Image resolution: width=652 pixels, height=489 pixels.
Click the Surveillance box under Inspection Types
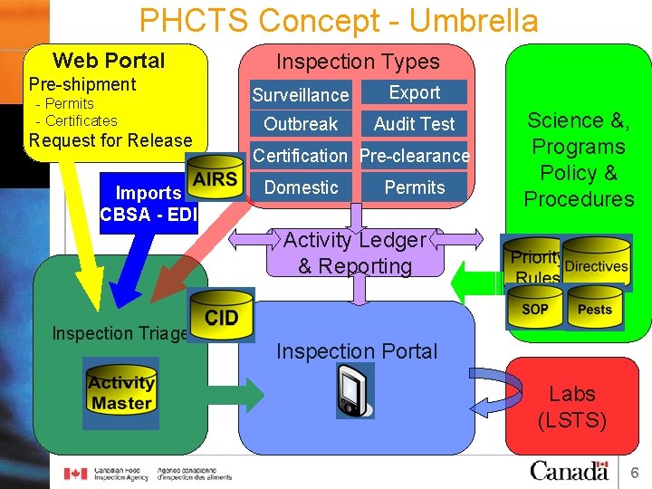301,95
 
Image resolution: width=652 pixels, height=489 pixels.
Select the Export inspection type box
414,92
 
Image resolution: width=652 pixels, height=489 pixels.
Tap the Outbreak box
301,124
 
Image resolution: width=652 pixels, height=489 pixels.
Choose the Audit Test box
414,124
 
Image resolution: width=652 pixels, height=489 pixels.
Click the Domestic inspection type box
301,187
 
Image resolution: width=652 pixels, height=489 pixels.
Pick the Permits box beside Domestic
414,187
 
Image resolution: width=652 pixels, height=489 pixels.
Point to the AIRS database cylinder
215,178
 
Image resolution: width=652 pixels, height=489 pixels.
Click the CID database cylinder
221,316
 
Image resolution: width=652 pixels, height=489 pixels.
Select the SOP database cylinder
534,309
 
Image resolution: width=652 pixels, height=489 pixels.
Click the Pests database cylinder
595,309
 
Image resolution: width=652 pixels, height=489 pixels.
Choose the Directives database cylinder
596,263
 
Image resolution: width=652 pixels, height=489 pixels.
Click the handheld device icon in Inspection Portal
354,390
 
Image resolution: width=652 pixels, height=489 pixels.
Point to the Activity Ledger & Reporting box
355,253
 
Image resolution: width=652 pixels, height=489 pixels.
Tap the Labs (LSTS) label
572,407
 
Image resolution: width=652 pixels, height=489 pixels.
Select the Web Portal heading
109,61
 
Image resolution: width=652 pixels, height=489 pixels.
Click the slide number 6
635,472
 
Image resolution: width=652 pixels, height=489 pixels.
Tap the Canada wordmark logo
569,471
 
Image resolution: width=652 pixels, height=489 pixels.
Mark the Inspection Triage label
119,333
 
